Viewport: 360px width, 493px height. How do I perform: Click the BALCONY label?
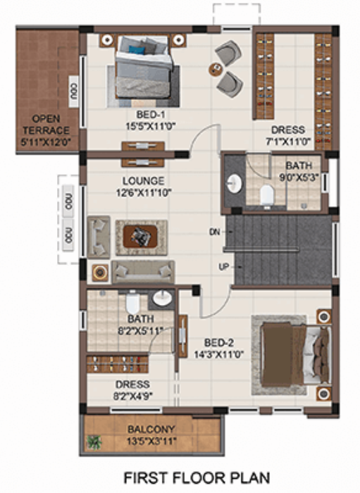pyautogui.click(x=151, y=429)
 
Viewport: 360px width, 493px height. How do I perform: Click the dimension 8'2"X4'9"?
pyautogui.click(x=132, y=396)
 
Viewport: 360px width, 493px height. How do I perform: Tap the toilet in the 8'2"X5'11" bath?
pyautogui.click(x=132, y=304)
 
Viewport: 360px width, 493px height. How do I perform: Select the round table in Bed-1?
pyautogui.click(x=216, y=68)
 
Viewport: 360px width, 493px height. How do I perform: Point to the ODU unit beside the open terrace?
pyautogui.click(x=73, y=91)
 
